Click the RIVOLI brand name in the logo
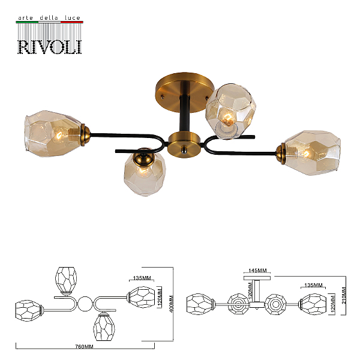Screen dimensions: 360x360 tap(50, 47)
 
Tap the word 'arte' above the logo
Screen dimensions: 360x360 tap(25, 18)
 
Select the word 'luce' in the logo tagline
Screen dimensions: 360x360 tap(73, 17)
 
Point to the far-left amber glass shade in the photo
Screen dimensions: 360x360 tap(53, 134)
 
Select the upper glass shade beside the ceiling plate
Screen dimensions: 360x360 tap(230, 112)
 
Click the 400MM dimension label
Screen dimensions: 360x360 tap(171, 304)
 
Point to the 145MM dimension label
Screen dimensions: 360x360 tap(258, 271)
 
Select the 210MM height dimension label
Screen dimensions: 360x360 tap(344, 295)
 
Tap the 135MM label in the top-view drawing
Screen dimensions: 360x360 tap(142, 278)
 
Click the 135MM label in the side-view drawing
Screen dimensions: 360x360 tap(313, 285)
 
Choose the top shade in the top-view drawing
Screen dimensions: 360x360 tap(66, 281)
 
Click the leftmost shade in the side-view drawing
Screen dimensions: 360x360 tap(200, 304)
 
